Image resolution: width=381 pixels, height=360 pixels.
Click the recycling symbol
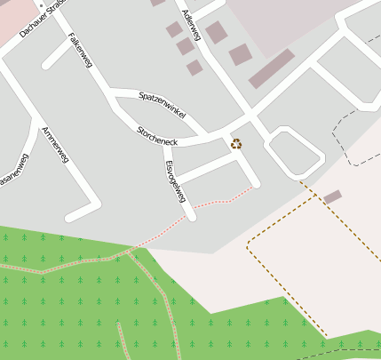(236, 144)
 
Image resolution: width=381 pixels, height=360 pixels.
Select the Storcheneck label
(157, 136)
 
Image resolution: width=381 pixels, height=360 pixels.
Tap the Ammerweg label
(55, 145)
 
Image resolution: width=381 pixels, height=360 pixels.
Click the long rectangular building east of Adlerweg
(271, 68)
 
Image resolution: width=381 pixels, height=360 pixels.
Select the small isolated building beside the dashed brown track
(332, 196)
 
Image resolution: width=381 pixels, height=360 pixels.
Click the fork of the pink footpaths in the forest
(131, 252)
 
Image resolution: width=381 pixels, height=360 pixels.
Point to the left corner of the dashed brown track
(247, 246)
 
